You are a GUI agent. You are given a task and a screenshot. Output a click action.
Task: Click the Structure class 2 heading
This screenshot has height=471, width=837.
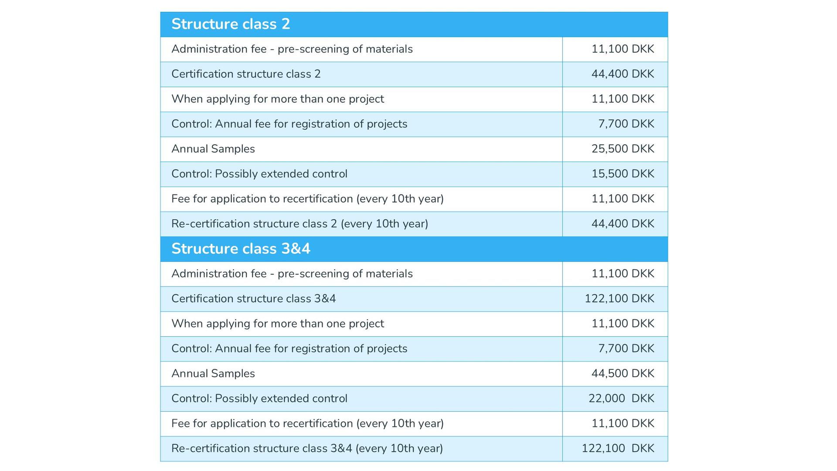[231, 24]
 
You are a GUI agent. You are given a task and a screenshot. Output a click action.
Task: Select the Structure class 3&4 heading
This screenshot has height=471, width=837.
[241, 249]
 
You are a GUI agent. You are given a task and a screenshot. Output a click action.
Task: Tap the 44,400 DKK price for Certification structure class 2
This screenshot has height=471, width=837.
[623, 74]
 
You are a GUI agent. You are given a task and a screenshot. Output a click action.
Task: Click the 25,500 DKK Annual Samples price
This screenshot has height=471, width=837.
[623, 149]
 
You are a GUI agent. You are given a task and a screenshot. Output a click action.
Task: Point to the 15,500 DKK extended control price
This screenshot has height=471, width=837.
[623, 174]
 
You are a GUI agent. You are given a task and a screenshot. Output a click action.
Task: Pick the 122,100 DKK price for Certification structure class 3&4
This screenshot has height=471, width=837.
[619, 299]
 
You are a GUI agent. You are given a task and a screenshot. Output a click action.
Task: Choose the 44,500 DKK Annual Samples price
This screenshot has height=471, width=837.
[623, 374]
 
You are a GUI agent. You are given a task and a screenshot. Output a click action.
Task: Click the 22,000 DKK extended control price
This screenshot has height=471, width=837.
[621, 399]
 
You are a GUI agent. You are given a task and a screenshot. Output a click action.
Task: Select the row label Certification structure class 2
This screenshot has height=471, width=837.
[246, 74]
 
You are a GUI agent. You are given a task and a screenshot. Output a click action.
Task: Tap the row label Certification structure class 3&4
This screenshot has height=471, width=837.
[253, 299]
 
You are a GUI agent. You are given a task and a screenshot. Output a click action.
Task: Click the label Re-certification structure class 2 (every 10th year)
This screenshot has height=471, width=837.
[299, 224]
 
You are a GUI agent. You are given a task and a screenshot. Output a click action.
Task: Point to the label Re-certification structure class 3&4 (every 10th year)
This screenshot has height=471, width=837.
[307, 448]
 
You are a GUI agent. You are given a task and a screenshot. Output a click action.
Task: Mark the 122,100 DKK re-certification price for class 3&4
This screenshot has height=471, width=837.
[618, 448]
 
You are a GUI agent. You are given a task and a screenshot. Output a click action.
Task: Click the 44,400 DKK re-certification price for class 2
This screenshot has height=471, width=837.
[623, 224]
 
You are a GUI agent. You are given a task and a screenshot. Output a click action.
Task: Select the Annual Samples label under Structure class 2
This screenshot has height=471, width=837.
[213, 149]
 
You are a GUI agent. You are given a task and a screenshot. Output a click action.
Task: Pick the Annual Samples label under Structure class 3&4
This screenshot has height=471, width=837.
[213, 374]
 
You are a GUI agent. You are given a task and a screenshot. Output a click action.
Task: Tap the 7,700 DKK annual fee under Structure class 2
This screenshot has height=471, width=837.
[626, 124]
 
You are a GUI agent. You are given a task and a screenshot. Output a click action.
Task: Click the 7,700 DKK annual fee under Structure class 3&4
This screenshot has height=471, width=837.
[626, 349]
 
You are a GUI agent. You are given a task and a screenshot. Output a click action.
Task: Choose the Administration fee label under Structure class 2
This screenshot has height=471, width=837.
[292, 49]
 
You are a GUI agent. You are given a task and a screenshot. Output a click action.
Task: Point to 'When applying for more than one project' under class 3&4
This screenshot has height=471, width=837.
[278, 324]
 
